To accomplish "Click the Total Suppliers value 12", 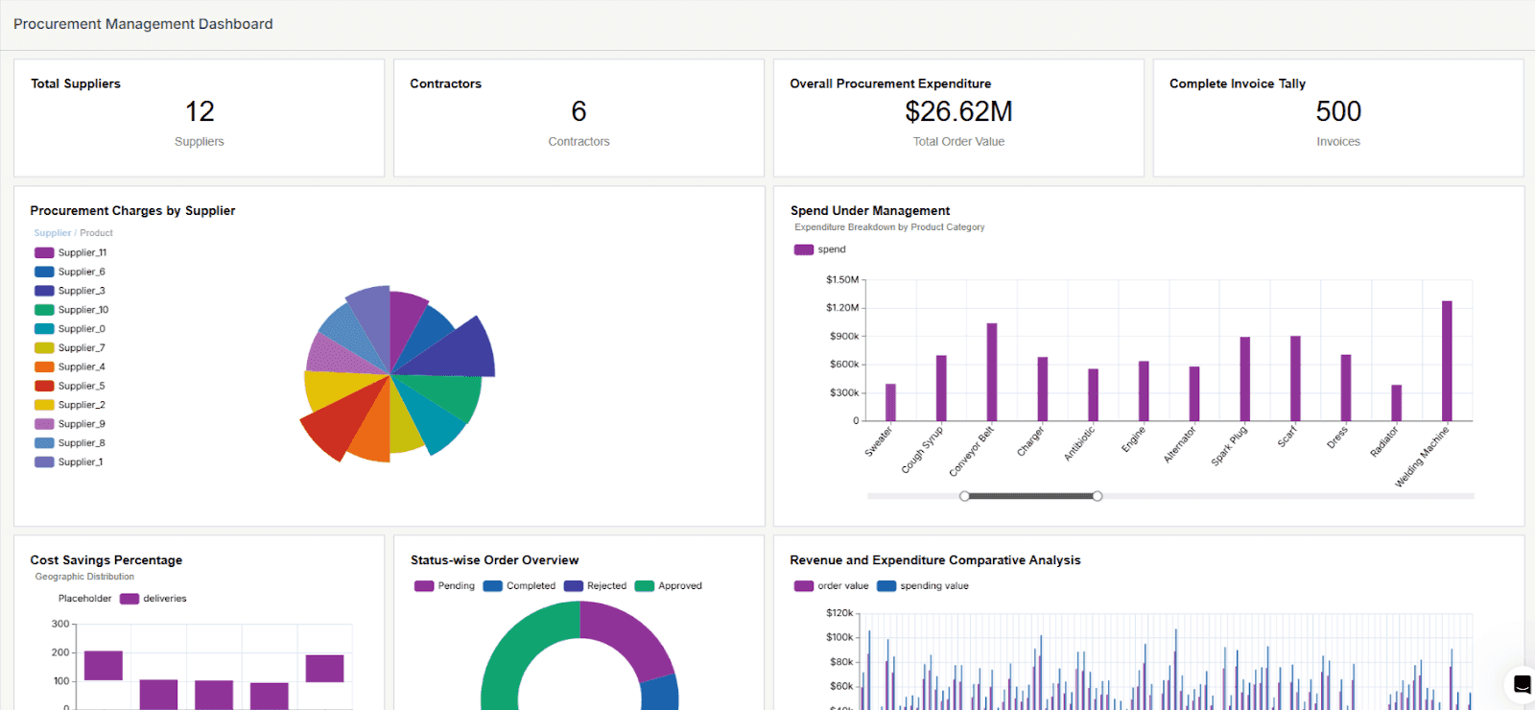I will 200,111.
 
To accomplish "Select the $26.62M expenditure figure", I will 958,111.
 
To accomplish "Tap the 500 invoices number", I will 1338,111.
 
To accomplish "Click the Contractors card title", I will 445,83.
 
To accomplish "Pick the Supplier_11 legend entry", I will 71,252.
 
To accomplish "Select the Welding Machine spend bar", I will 1447,361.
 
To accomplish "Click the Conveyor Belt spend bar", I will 992,372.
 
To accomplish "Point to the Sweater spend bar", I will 890,402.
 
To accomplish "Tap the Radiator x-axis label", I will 1384,441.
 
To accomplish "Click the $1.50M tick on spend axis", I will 842,280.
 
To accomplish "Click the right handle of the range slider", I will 1098,496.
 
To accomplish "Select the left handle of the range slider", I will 964,496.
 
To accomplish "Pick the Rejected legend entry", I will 596,585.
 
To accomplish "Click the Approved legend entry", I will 669,585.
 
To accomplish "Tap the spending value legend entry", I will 923,585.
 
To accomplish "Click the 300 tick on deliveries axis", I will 60,624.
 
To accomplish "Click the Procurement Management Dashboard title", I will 143,24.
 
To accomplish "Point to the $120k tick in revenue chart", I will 839,612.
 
